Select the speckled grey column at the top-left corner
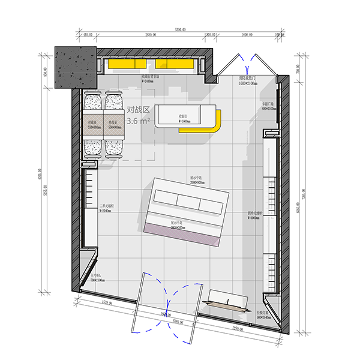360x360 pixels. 76,68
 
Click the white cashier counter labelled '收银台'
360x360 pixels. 182,116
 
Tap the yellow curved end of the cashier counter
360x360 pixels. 217,123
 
